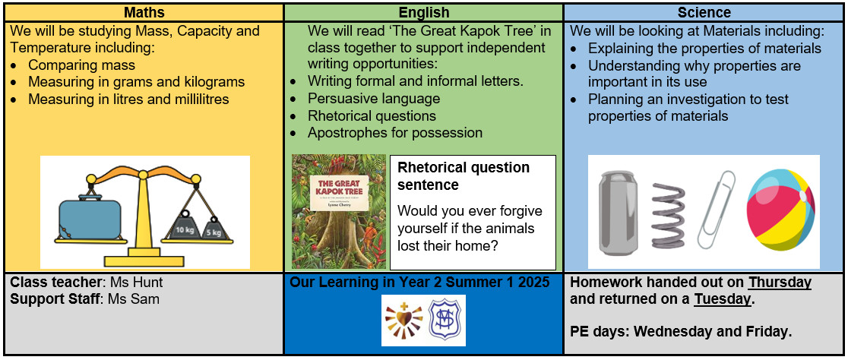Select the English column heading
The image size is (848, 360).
pyautogui.click(x=423, y=12)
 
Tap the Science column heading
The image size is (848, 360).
pyautogui.click(x=705, y=12)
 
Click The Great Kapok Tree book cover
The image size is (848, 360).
pyautogui.click(x=339, y=212)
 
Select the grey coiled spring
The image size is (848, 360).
pyautogui.click(x=668, y=213)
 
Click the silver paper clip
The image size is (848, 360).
pyautogui.click(x=716, y=210)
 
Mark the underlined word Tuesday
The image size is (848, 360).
pyautogui.click(x=723, y=299)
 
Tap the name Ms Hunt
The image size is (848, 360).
pyautogui.click(x=136, y=283)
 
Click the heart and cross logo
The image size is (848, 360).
pyautogui.click(x=403, y=321)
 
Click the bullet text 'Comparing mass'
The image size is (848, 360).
pyautogui.click(x=81, y=65)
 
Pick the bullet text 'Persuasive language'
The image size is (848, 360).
pyautogui.click(x=374, y=99)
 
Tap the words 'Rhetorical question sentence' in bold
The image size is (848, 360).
pyautogui.click(x=464, y=176)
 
